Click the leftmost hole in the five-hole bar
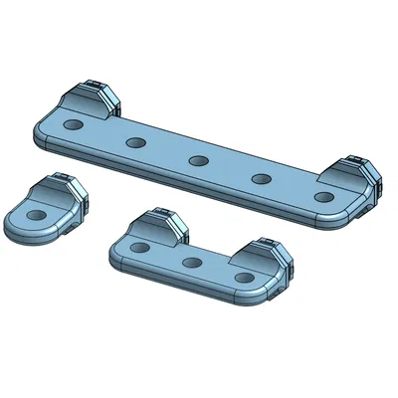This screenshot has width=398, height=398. [x=73, y=125]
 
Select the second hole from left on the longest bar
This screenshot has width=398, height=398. [x=135, y=142]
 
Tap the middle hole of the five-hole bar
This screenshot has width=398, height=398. [x=198, y=160]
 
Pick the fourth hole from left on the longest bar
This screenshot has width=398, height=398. [x=262, y=179]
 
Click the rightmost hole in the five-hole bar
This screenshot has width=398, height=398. [x=323, y=197]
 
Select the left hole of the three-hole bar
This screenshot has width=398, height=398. [x=141, y=247]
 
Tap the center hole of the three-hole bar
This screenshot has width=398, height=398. [x=192, y=263]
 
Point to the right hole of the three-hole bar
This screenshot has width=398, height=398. [x=243, y=279]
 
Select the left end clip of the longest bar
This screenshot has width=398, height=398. [x=93, y=99]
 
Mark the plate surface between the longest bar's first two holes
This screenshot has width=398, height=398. [x=104, y=134]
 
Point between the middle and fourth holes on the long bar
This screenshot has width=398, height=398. [x=230, y=170]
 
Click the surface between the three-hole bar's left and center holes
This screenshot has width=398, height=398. [x=166, y=256]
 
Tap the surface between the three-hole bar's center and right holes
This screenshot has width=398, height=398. [x=217, y=272]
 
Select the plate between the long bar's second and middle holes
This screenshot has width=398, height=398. [x=166, y=151]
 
